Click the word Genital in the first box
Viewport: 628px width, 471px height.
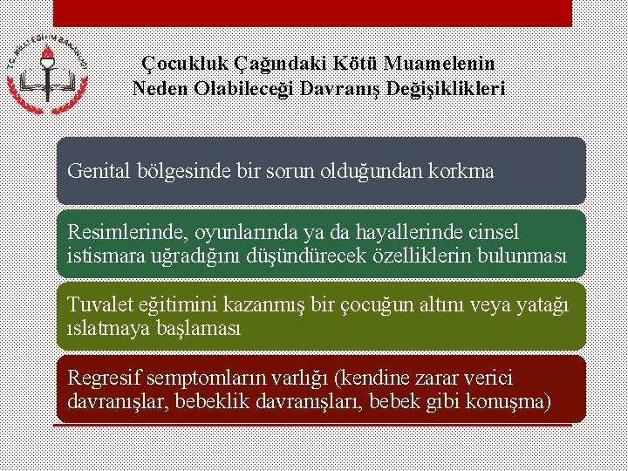(99, 171)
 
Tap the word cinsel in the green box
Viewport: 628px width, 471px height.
(493, 233)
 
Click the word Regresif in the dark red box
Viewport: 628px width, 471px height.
(100, 379)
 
